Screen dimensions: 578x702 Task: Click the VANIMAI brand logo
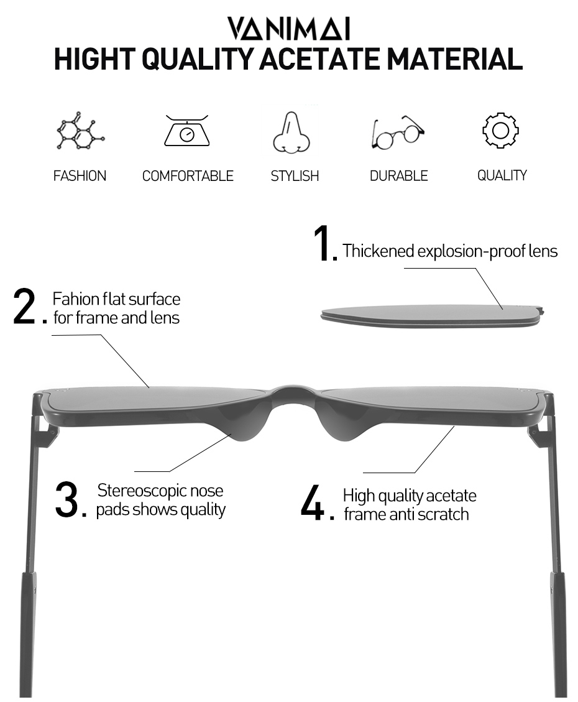click(x=288, y=29)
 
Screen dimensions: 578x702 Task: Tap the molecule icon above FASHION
click(x=80, y=131)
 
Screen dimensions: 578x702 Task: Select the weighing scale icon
click(x=187, y=131)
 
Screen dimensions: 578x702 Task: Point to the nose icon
click(x=291, y=132)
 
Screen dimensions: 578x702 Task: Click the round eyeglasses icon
click(x=398, y=132)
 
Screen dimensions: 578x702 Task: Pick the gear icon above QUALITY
click(x=500, y=131)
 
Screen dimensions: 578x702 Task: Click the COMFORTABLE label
click(x=188, y=176)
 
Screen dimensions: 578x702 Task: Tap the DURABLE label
click(x=398, y=176)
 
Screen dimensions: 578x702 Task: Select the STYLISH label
click(x=295, y=176)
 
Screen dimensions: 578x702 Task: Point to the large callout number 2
click(x=25, y=306)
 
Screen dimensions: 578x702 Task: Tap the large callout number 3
click(x=67, y=500)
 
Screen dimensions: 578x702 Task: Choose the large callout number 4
click(x=312, y=502)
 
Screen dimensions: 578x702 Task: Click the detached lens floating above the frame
click(x=433, y=316)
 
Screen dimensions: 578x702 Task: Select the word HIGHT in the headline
click(x=94, y=59)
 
